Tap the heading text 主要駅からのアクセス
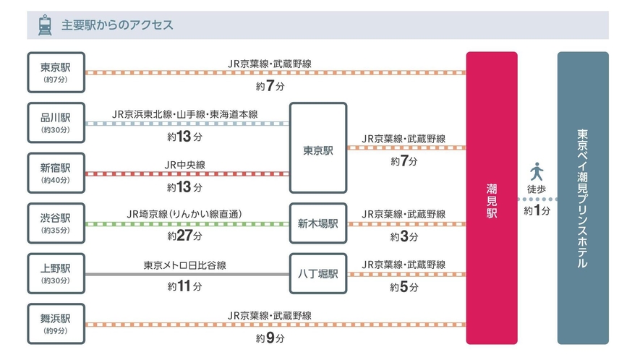tap(116, 25)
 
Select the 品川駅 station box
tap(56, 122)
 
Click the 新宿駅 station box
tap(56, 173)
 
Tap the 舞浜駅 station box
tap(56, 323)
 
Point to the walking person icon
tap(537, 172)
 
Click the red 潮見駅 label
tap(492, 197)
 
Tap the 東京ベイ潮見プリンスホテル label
tap(583, 197)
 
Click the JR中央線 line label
tap(185, 165)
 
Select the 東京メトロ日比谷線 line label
tap(185, 265)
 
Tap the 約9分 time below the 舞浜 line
tap(270, 337)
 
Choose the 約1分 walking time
tap(537, 211)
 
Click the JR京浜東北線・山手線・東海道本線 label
tap(185, 114)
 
